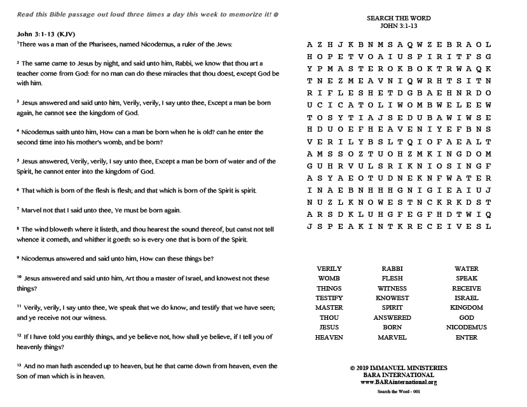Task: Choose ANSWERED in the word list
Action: (x=392, y=318)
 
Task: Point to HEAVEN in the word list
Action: (x=329, y=338)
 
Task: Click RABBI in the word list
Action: (x=392, y=269)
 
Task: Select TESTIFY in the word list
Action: (x=329, y=298)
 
